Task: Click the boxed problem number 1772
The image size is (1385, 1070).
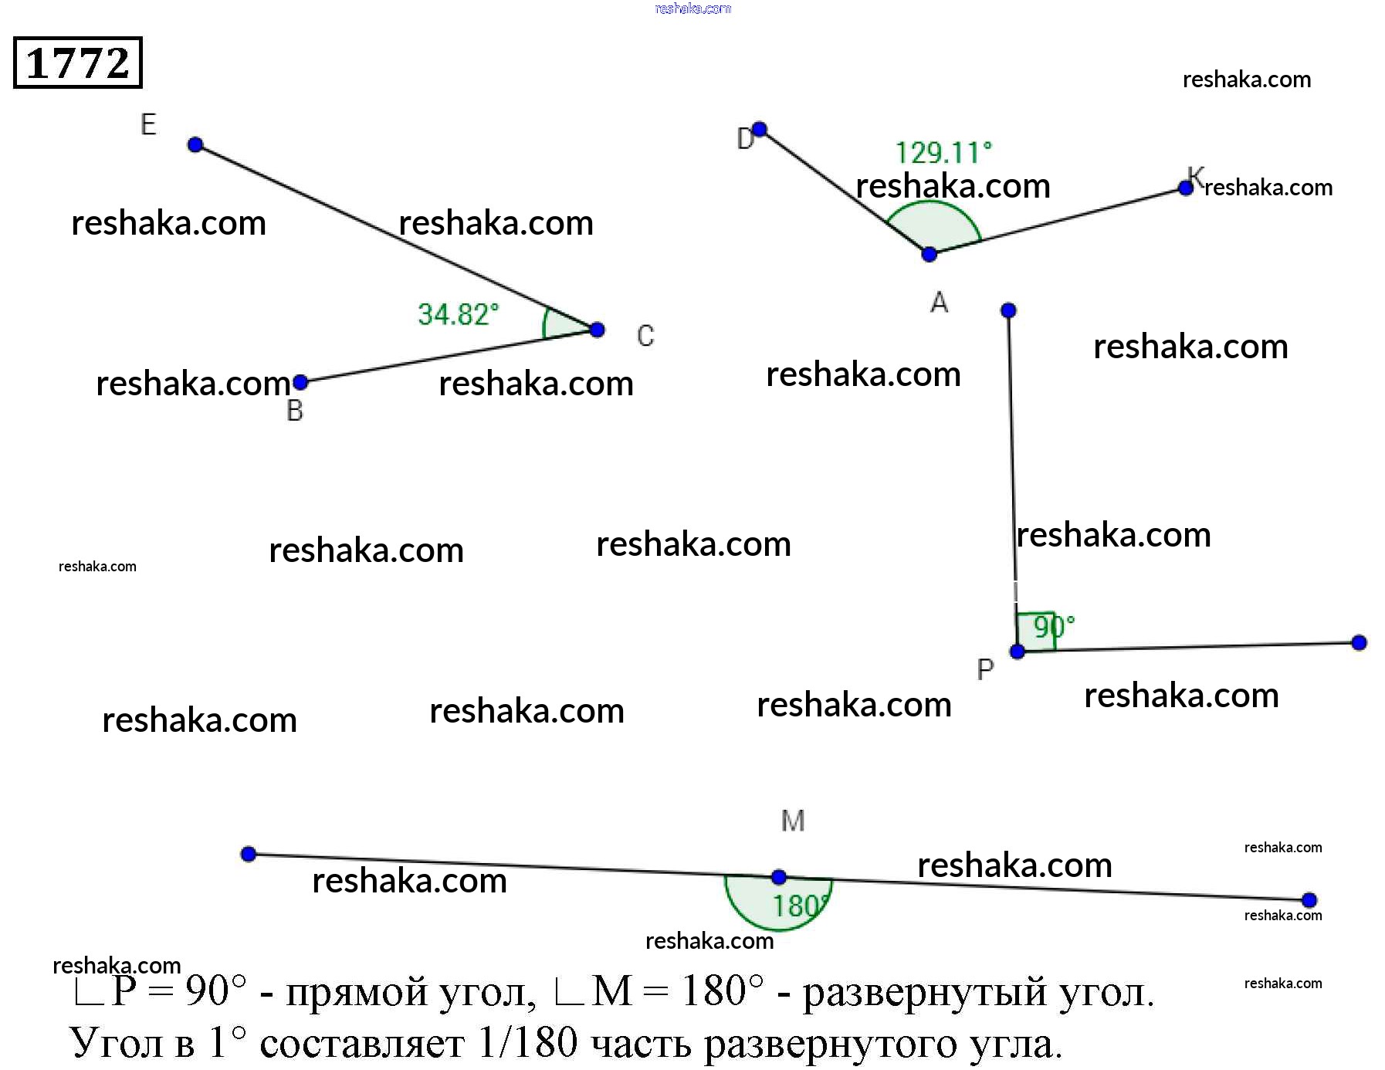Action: pos(78,63)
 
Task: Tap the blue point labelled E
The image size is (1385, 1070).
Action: pos(195,144)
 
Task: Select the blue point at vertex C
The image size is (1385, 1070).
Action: pos(597,330)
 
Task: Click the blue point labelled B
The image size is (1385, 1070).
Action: pos(301,381)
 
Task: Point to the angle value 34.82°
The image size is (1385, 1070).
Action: pos(458,314)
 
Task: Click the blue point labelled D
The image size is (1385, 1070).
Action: pos(760,129)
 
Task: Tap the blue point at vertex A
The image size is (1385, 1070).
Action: pos(930,254)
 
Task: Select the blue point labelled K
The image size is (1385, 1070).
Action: pos(1186,188)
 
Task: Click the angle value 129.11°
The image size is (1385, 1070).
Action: pos(943,152)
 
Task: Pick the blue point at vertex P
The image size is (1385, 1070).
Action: pos(1018,652)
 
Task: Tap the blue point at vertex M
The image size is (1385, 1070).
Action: pos(779,877)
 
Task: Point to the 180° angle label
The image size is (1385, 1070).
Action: pos(800,906)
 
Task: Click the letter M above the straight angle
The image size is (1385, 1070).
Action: pos(793,821)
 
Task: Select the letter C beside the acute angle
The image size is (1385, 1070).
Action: pos(645,336)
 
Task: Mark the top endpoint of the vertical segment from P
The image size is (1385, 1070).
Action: pos(1008,310)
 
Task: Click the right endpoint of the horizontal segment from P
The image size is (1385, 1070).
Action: pos(1360,642)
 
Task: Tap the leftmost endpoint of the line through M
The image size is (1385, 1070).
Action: pos(249,854)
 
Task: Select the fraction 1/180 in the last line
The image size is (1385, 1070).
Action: pos(527,1043)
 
